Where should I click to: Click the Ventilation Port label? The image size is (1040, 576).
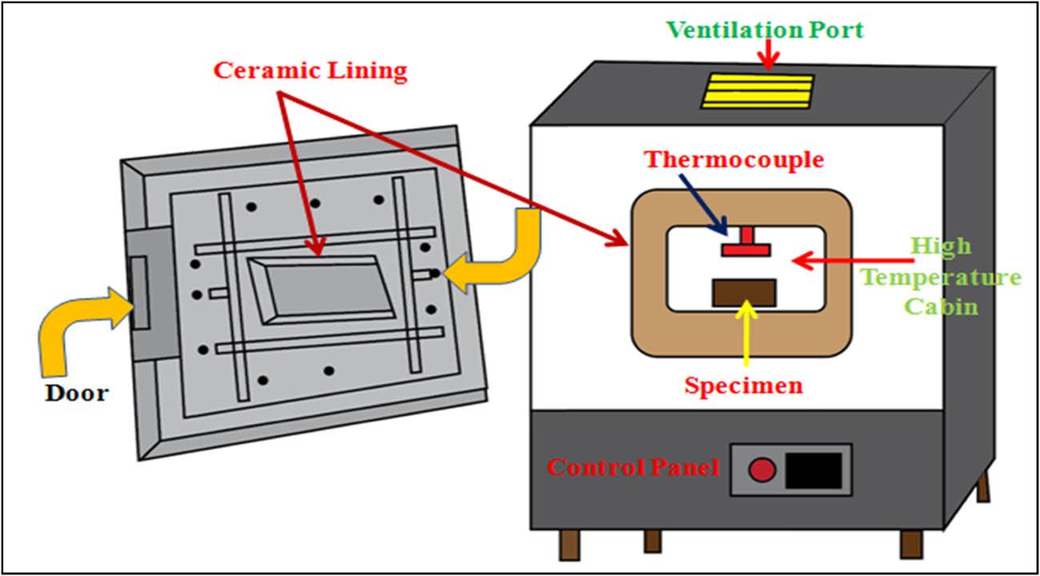pyautogui.click(x=765, y=31)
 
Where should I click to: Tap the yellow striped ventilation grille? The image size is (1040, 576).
pyautogui.click(x=758, y=90)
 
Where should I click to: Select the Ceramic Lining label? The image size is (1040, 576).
pyautogui.click(x=310, y=70)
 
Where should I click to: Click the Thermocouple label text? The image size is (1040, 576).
pyautogui.click(x=734, y=159)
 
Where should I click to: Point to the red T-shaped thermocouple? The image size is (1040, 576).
pyautogui.click(x=745, y=244)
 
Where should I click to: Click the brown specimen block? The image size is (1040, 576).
pyautogui.click(x=744, y=293)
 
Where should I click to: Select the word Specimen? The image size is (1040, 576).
pyautogui.click(x=743, y=386)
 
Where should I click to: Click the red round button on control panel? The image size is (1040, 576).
pyautogui.click(x=762, y=470)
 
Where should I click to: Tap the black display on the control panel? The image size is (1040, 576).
pyautogui.click(x=814, y=470)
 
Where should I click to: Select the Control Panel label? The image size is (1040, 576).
pyautogui.click(x=632, y=467)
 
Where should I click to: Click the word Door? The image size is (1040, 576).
pyautogui.click(x=76, y=393)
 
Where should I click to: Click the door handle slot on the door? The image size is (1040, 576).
pyautogui.click(x=139, y=293)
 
